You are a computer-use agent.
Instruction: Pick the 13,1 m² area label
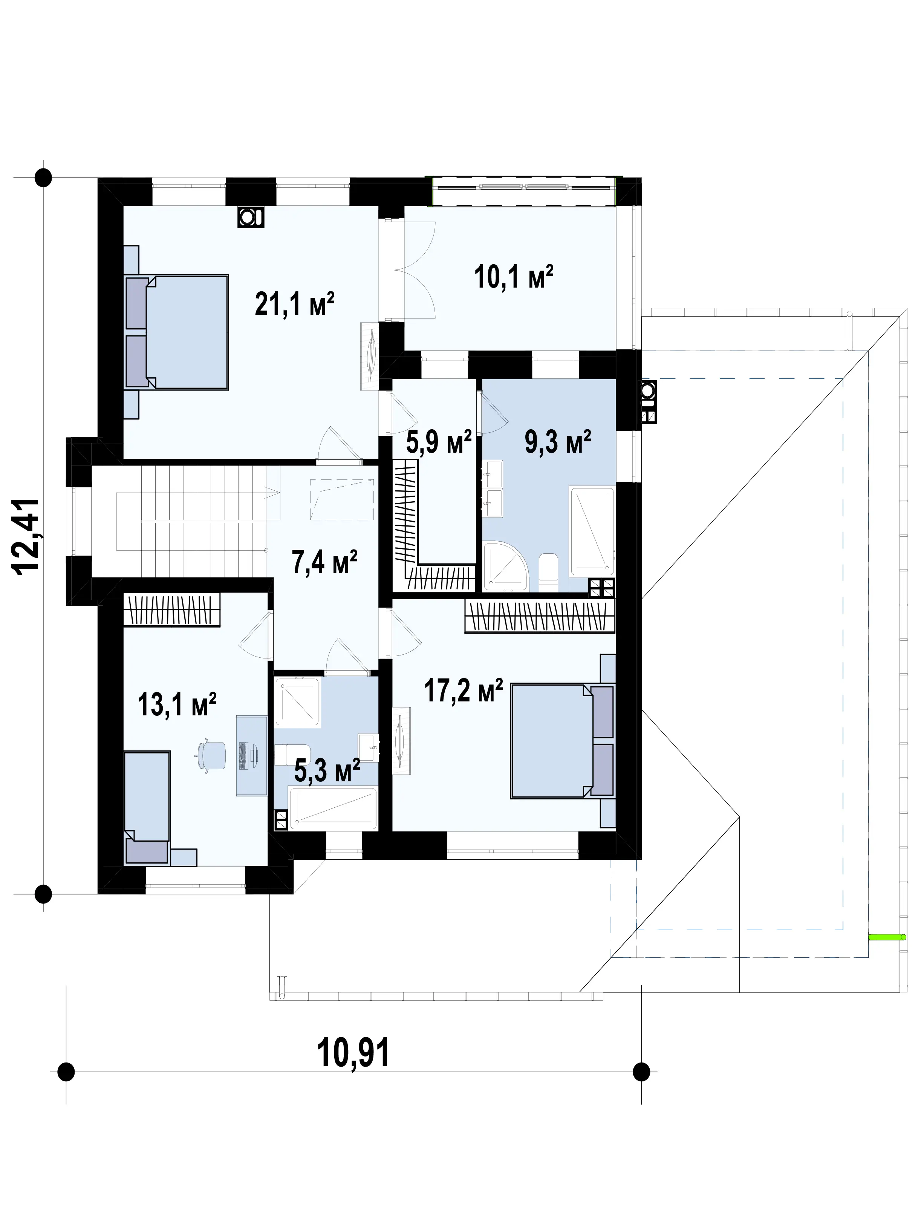[x=177, y=704]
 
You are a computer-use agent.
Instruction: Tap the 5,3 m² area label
[x=327, y=770]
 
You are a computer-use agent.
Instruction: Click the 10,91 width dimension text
[x=353, y=1052]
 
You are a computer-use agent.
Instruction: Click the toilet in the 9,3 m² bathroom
[x=548, y=573]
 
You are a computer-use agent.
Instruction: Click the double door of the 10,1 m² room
[x=419, y=269]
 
